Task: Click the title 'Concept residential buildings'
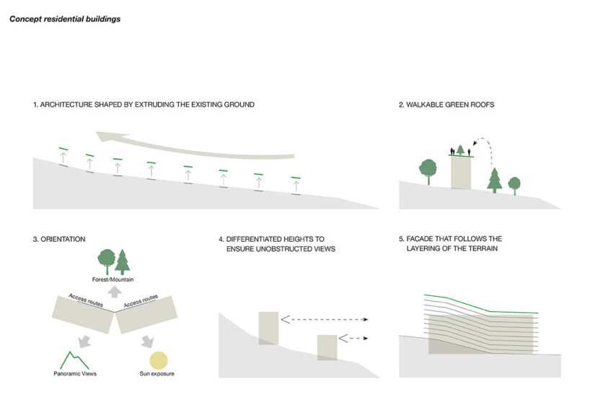(x=64, y=19)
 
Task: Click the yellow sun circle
(x=158, y=360)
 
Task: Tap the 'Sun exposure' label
(x=157, y=374)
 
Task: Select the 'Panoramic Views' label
(x=75, y=374)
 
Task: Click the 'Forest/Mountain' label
(x=113, y=279)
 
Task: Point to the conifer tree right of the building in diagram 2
(x=494, y=179)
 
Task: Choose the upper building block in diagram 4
(x=268, y=327)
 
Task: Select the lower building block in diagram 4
(x=326, y=347)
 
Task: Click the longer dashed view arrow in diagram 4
(x=325, y=318)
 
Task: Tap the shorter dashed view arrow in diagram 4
(x=353, y=338)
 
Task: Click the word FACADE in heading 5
(x=423, y=239)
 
